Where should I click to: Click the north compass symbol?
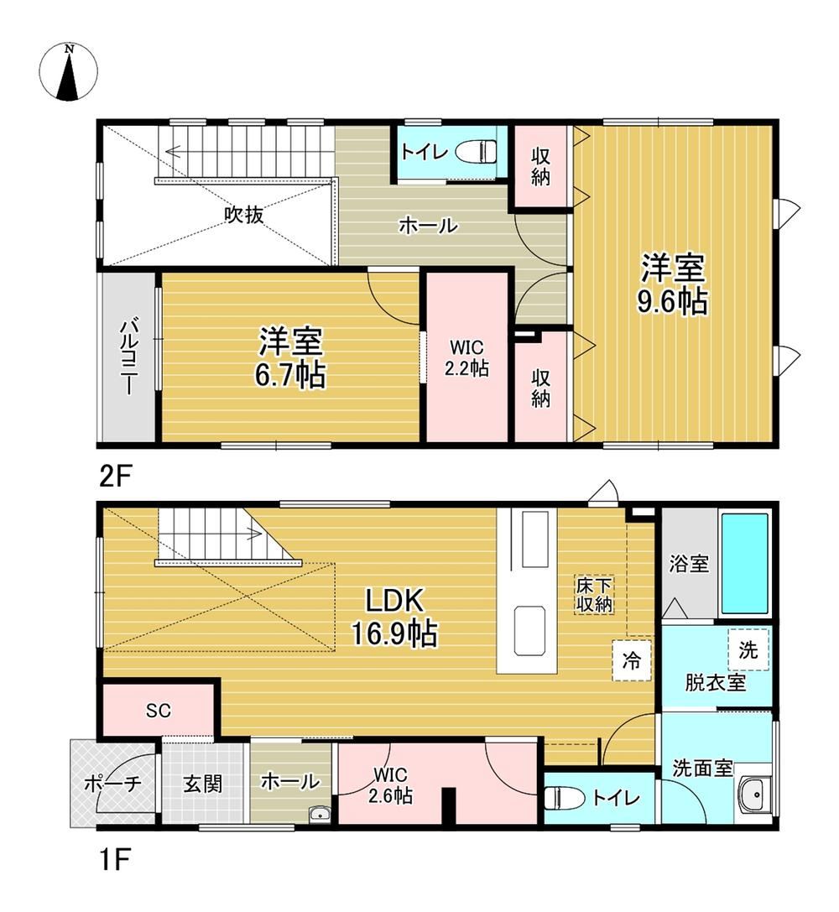69,73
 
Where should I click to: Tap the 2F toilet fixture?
477,153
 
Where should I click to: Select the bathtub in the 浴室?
744,564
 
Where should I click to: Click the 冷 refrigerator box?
632,661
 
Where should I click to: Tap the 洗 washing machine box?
748,649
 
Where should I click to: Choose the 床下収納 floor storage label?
594,594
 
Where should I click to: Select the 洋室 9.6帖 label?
673,284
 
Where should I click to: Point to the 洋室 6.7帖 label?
290,357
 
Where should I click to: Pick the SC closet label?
158,710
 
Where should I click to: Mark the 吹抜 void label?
244,215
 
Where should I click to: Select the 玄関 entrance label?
202,784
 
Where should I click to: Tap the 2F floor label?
116,477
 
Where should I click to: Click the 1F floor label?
114,859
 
